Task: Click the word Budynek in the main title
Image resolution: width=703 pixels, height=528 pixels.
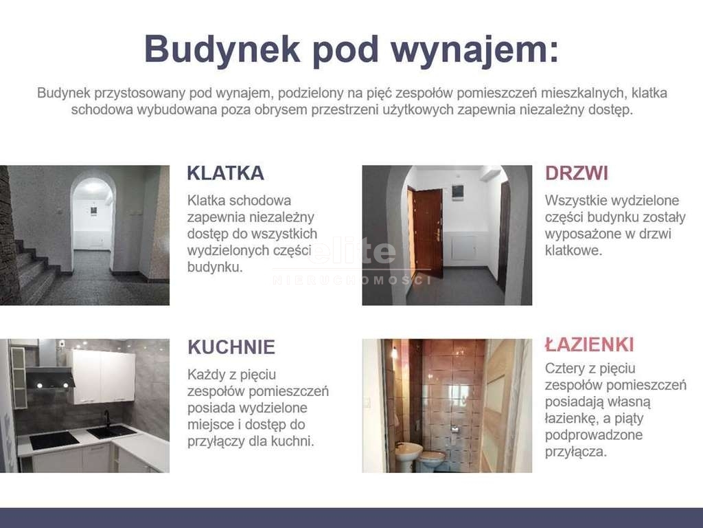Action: tap(222, 49)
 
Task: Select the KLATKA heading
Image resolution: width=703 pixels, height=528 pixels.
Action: tap(225, 173)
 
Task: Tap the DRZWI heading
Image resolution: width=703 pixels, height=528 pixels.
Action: tap(577, 173)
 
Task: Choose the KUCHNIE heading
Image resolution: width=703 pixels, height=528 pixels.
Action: tap(231, 347)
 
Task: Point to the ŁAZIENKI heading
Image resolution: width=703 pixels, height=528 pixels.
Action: tap(590, 344)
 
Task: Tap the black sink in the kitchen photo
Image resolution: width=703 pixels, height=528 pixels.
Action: tap(111, 432)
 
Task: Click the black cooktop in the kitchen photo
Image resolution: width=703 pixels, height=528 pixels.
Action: tap(54, 439)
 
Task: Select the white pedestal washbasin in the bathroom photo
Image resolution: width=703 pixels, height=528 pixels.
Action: tap(408, 455)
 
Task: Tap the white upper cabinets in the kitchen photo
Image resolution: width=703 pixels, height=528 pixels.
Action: tap(102, 377)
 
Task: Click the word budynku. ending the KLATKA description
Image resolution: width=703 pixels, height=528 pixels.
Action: tap(215, 267)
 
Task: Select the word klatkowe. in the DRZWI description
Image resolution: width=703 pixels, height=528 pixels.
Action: tap(573, 250)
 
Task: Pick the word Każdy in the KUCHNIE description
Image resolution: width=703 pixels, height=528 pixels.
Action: tap(206, 375)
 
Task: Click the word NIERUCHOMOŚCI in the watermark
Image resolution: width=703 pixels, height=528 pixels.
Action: tap(352, 280)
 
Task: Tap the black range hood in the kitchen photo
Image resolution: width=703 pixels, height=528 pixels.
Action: tap(50, 376)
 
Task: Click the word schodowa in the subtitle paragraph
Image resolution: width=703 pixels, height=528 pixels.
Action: tap(102, 109)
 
